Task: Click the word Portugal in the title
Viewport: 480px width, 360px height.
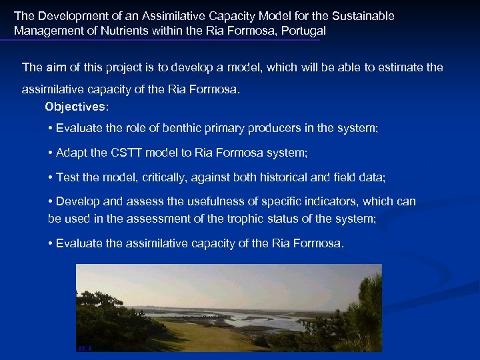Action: [x=304, y=31]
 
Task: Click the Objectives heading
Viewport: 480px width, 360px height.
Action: [x=75, y=107]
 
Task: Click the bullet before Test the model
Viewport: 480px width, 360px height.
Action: [x=51, y=177]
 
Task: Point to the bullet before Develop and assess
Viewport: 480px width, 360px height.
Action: [x=51, y=201]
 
